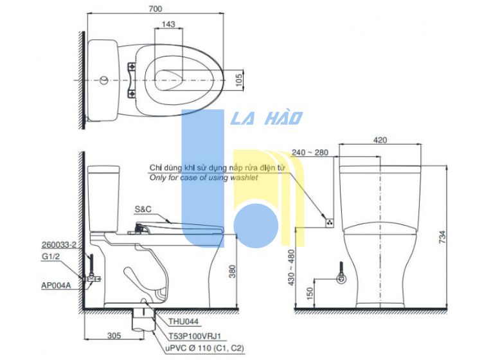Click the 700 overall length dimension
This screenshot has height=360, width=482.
click(x=156, y=8)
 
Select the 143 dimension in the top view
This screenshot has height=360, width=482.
click(x=168, y=24)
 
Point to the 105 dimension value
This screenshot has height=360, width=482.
click(x=238, y=80)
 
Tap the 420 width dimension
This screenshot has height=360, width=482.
click(x=380, y=140)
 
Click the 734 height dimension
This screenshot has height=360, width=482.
click(x=442, y=237)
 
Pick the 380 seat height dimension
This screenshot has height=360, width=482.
click(x=232, y=271)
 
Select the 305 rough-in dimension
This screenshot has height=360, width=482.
click(x=114, y=336)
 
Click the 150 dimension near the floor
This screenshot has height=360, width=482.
click(x=310, y=293)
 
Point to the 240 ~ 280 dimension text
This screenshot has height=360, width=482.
click(x=310, y=152)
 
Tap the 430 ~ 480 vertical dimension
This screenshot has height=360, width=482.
click(x=291, y=267)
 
